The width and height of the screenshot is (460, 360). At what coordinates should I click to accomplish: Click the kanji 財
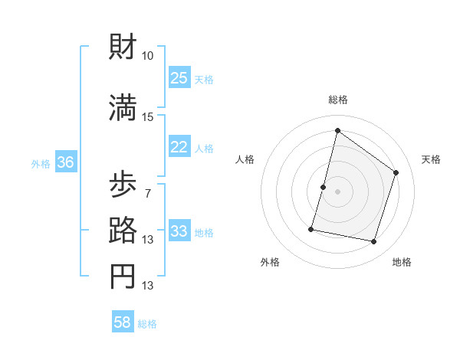click(x=123, y=47)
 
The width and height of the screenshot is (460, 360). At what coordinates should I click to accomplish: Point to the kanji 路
click(x=123, y=228)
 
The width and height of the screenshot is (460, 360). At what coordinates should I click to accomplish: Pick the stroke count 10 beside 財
click(x=148, y=56)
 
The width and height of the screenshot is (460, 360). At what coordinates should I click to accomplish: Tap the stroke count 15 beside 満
click(x=148, y=116)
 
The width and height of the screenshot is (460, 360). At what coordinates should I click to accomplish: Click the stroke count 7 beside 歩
click(x=148, y=192)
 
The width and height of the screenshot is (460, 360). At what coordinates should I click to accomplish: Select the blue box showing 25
click(x=179, y=77)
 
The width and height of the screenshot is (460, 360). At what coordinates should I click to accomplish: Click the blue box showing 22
click(x=179, y=147)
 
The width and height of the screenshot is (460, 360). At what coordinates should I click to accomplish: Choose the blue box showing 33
click(x=179, y=231)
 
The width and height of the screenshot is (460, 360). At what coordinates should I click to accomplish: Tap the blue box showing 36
click(x=65, y=162)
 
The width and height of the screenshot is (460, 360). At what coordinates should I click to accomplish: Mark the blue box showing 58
click(x=123, y=322)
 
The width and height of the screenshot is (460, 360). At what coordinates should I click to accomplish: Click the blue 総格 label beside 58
click(x=147, y=324)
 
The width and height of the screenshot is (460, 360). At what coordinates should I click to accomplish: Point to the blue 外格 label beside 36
click(x=41, y=163)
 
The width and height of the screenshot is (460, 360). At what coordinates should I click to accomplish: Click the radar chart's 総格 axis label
click(x=337, y=100)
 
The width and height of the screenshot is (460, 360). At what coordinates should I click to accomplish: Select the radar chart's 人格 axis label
click(x=245, y=159)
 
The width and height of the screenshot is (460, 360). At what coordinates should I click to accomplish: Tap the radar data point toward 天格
click(x=396, y=172)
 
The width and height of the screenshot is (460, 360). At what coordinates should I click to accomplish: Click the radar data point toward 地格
click(x=373, y=241)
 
